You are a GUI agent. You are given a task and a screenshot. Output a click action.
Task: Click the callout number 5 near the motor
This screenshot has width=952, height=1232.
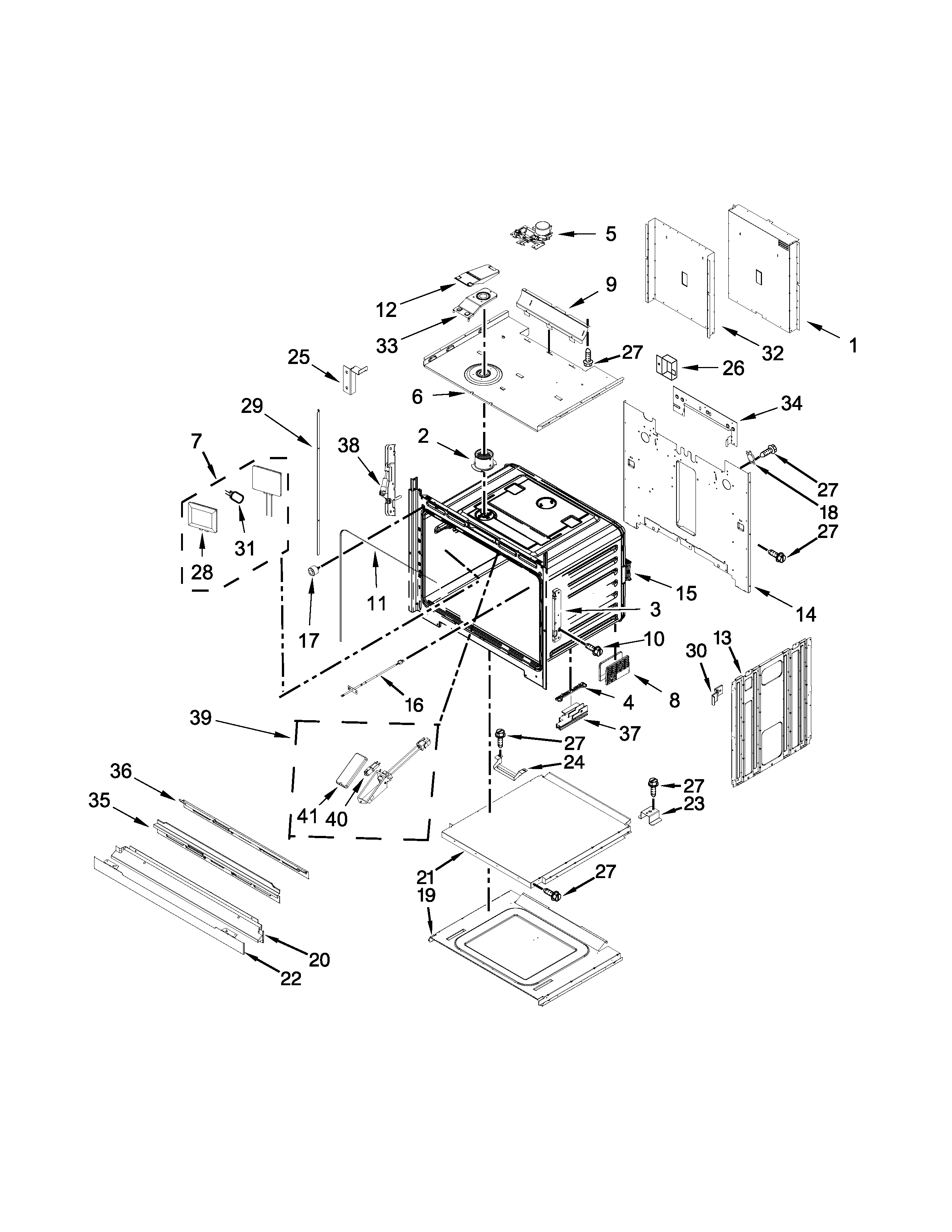[611, 234]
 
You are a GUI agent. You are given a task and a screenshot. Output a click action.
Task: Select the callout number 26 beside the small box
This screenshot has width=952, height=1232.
[733, 368]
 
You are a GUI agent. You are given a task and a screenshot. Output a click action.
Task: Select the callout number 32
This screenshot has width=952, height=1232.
[773, 353]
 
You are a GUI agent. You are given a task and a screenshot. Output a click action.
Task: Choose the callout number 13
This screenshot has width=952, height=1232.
[722, 638]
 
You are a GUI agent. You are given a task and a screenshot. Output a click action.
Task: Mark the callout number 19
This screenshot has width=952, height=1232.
[427, 895]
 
